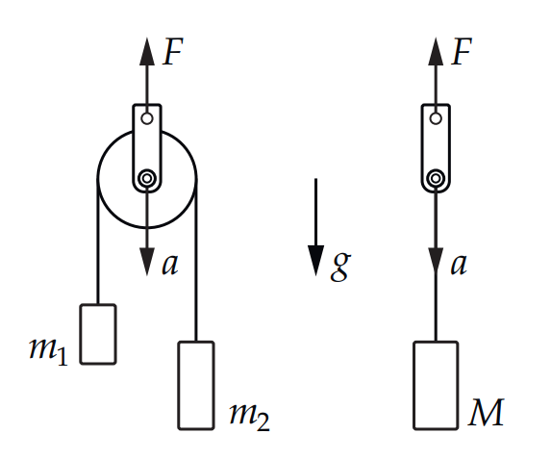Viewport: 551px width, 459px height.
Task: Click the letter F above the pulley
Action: coord(172,52)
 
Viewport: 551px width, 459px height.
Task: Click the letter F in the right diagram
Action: coord(462,52)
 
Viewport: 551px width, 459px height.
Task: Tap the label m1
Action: coord(48,351)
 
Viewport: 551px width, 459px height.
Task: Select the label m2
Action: coord(249,417)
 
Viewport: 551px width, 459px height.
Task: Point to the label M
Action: coord(487,412)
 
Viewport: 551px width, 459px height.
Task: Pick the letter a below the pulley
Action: coord(170,265)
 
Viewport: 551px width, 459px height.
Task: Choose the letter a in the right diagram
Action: coord(459,265)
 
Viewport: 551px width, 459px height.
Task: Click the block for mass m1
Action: coord(98,334)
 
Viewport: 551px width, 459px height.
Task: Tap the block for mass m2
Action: coord(196,385)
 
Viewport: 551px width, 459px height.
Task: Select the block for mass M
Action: coord(436,385)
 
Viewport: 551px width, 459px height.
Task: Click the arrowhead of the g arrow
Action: coord(316,261)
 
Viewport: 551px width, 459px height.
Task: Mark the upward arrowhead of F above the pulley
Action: coord(147,51)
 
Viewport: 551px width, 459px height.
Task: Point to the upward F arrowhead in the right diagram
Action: coord(436,51)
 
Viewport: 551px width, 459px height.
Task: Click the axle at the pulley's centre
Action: coord(147,178)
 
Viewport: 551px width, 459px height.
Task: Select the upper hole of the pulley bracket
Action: coord(147,118)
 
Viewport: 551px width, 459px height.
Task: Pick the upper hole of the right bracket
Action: coord(436,118)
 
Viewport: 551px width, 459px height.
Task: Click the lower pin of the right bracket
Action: coord(436,178)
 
